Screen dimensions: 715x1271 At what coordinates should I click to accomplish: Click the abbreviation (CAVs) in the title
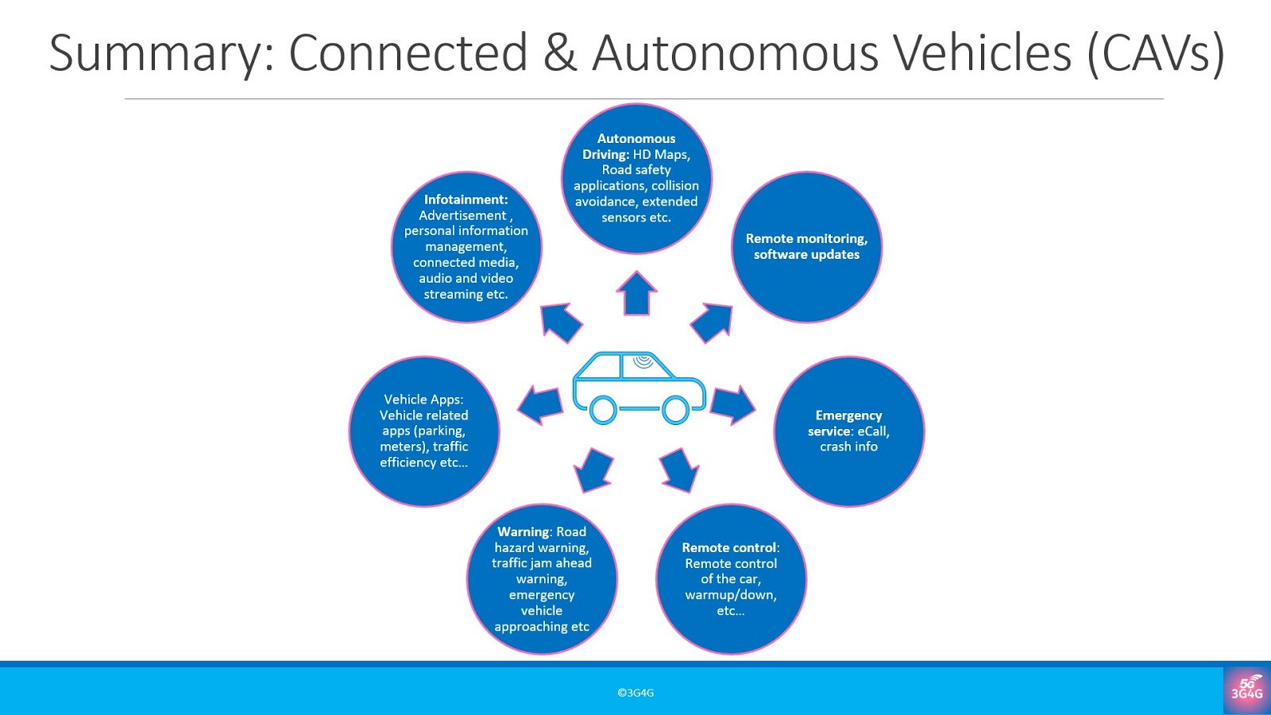pos(1156,53)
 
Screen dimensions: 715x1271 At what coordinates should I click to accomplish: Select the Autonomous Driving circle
pos(636,179)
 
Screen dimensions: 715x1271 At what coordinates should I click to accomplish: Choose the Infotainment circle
pos(466,247)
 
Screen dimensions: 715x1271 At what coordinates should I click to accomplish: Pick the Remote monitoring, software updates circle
pos(806,247)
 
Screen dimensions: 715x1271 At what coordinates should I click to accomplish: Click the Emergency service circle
pos(848,431)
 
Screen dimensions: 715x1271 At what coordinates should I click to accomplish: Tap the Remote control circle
pos(731,579)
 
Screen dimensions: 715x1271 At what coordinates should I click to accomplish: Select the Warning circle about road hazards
pos(542,579)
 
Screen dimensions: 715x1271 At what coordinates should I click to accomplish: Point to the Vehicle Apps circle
pos(424,431)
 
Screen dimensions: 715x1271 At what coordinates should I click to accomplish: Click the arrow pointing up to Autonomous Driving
pos(636,293)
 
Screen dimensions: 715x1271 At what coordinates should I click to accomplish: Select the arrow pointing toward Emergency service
pos(732,404)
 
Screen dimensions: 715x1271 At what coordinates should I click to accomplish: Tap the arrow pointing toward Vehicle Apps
pos(541,404)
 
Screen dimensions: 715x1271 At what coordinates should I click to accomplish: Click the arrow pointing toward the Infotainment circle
pos(561,322)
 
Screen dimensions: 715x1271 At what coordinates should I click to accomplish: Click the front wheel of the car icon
pos(675,410)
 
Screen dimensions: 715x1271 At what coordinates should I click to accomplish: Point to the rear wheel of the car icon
pos(603,410)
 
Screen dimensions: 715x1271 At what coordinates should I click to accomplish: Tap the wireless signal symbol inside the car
pos(643,362)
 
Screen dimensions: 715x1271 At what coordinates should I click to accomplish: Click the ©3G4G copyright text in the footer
pos(635,693)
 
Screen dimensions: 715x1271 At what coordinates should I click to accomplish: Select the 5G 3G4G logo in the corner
pos(1246,689)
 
